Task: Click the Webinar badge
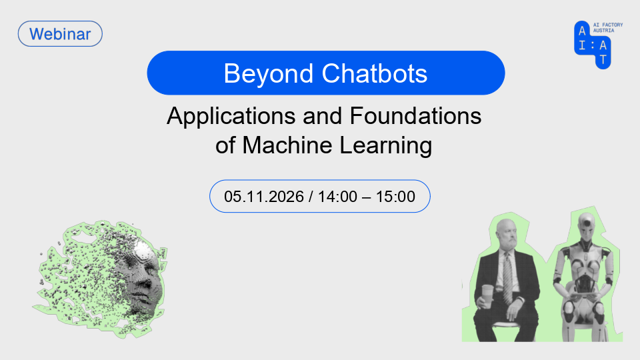pos(60,34)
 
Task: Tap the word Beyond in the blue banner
pos(268,74)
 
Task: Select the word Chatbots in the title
pos(374,73)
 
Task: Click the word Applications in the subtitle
pos(231,116)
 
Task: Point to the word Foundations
pos(415,115)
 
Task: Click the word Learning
pos(386,146)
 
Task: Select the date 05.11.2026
pos(264,196)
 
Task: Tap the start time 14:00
pos(337,196)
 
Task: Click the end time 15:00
pos(395,196)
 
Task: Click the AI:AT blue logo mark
pos(592,45)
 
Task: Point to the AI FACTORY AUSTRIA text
pos(608,28)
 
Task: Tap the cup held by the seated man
pos(487,297)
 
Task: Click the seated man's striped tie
pos(507,277)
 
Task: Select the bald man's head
pos(506,235)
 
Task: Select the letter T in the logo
pos(603,59)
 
